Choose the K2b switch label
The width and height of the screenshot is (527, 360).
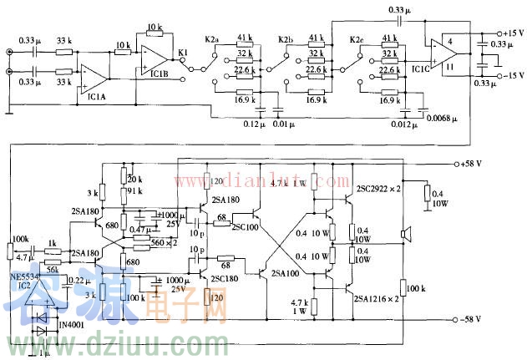coord(286,39)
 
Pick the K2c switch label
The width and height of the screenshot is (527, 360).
coord(357,39)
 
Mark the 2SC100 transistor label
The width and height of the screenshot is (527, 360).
coord(246,226)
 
